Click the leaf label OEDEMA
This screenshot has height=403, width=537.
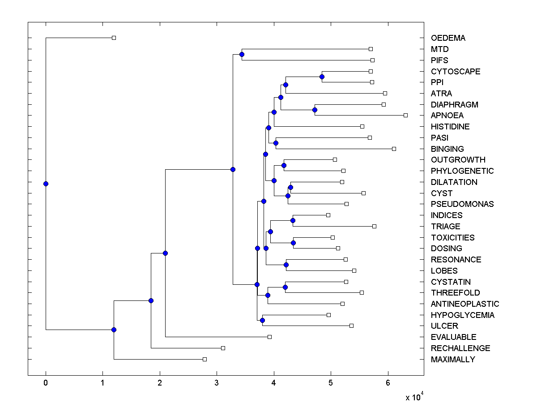click(x=448, y=38)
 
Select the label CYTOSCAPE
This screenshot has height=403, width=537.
click(x=456, y=71)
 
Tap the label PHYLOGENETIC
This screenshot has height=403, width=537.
click(x=462, y=171)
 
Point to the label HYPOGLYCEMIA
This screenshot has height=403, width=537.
click(x=463, y=315)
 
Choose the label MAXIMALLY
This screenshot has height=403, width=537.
click(x=453, y=360)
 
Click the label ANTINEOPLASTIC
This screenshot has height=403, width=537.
click(x=465, y=304)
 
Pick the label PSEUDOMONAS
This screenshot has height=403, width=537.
click(x=462, y=204)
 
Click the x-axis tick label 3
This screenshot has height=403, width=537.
click(x=217, y=383)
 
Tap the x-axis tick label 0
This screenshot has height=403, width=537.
click(x=46, y=383)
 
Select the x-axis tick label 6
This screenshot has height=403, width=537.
click(x=388, y=383)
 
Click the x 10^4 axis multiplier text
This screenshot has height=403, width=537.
click(x=414, y=397)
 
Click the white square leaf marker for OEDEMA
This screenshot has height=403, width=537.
click(x=114, y=38)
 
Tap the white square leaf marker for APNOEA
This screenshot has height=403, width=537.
click(x=405, y=115)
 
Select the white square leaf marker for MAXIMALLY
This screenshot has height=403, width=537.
click(x=205, y=359)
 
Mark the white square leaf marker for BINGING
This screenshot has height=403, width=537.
click(x=394, y=149)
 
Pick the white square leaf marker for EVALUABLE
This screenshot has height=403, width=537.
click(x=269, y=337)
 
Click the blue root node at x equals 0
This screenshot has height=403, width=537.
click(x=46, y=184)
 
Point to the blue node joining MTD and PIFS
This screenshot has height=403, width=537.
click(x=242, y=55)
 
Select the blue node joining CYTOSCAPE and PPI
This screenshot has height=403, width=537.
click(x=322, y=77)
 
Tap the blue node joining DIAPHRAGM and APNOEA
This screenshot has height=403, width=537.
click(x=315, y=110)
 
